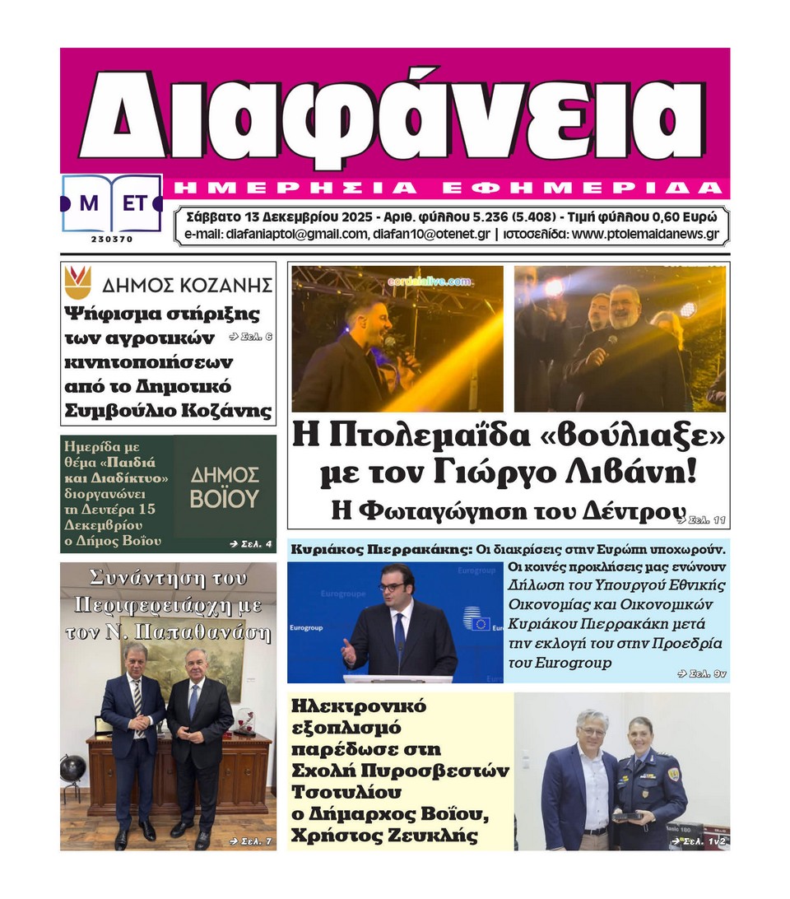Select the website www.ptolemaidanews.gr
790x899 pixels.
(645, 234)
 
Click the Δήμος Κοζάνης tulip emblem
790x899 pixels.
(78, 282)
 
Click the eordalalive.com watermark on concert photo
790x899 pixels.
(429, 282)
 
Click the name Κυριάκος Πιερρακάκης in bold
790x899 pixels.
(380, 548)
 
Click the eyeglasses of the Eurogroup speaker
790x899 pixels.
(393, 586)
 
